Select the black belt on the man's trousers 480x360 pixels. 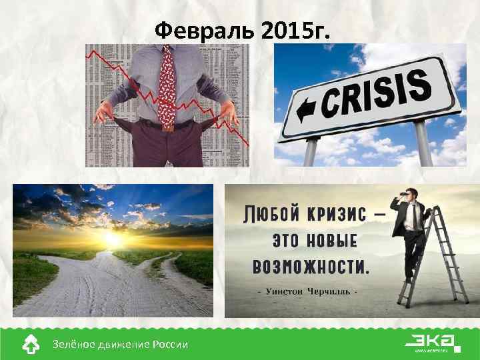(167, 124)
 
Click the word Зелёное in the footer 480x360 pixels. (71, 345)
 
